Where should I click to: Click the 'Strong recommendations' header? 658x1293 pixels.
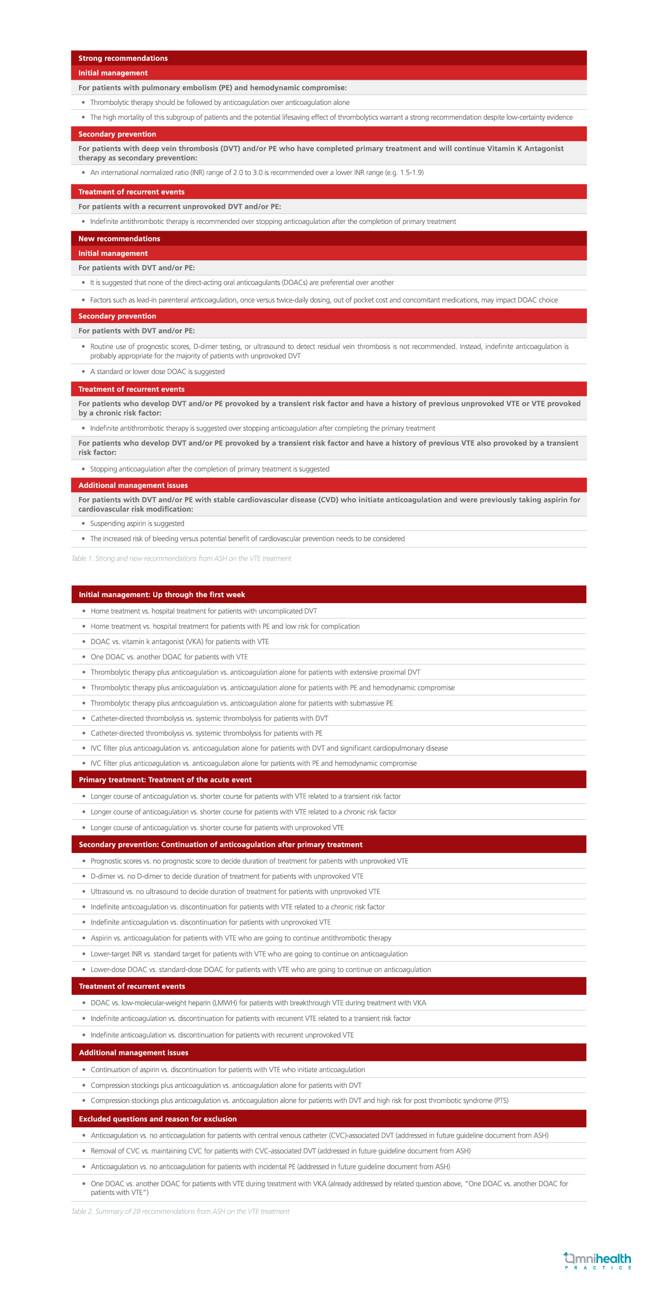pos(123,58)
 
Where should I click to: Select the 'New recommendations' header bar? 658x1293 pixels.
pos(120,238)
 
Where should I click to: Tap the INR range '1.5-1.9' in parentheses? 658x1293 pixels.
pos(412,172)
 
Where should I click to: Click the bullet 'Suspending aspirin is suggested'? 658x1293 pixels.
pos(137,524)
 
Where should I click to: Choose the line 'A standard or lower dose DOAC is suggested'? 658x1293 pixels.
pos(157,371)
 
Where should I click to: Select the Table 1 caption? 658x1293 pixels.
pos(181,558)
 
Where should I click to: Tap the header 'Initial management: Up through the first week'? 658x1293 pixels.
pos(162,595)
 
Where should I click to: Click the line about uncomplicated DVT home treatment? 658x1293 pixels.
pos(204,611)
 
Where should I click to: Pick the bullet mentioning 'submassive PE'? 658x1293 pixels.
pos(242,703)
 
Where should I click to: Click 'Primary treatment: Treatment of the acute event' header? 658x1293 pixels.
pos(165,780)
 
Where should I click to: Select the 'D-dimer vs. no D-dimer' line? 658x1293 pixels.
pos(227,876)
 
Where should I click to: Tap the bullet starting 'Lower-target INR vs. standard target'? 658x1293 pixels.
pos(249,954)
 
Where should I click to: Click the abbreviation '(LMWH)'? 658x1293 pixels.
pos(225,1003)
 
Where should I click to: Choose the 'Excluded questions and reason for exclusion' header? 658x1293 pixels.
pos(158,1119)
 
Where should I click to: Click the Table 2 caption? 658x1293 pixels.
pos(180,1211)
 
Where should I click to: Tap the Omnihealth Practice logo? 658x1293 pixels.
pos(598,1261)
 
